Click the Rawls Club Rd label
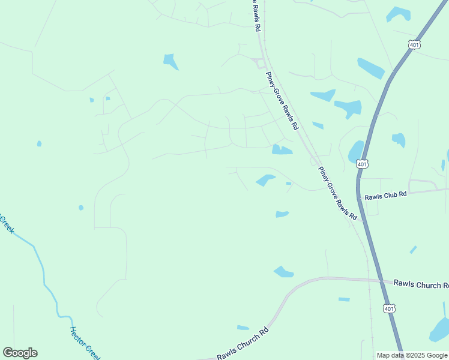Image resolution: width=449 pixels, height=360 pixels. pos(385,194)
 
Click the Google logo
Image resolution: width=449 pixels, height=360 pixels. pos(20,353)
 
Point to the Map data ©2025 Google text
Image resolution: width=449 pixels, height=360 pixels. pos(411,355)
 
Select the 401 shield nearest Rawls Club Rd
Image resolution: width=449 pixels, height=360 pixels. pos(362,164)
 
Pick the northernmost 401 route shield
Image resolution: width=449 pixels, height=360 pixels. pos(414,44)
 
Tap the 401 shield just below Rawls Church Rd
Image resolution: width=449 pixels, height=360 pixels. pos(390,308)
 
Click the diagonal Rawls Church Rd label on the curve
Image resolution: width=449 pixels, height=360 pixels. pos(243,344)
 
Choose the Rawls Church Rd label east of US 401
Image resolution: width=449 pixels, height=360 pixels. pos(420,284)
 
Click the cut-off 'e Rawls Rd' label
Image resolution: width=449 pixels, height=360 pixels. pos(256,15)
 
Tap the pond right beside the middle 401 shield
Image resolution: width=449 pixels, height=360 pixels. pos(355,151)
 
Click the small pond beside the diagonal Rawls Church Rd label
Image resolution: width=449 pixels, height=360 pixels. pos(243,328)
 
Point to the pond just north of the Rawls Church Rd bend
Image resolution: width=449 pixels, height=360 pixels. pos(283,272)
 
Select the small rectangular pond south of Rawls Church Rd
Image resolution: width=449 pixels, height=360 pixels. pos(344,299)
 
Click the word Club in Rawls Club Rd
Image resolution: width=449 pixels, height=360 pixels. pos(387,194)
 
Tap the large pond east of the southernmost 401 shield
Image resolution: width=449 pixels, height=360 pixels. pos(440,330)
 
